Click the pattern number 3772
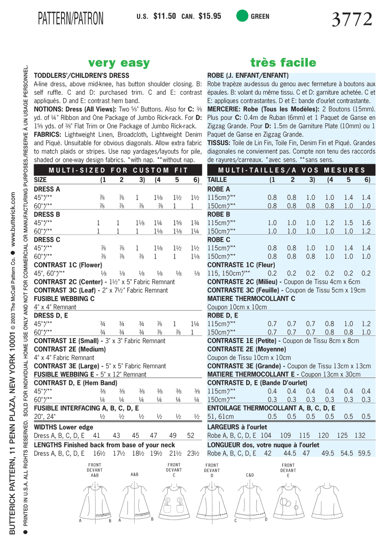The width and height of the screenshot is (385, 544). tap(352, 19)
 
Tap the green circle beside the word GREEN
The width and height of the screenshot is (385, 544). tap(242, 16)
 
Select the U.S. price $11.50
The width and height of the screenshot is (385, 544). tap(164, 16)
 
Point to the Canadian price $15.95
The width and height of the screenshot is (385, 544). tap(210, 16)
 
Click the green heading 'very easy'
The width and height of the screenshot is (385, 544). tap(119, 63)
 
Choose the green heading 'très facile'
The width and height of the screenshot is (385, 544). tap(283, 63)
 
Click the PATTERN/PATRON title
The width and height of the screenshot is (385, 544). tap(71, 18)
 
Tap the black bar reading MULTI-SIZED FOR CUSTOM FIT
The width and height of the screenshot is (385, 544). tap(118, 170)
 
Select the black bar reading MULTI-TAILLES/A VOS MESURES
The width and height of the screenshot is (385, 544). tap(291, 170)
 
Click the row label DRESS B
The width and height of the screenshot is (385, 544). tap(47, 214)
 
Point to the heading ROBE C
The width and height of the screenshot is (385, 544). tap(219, 240)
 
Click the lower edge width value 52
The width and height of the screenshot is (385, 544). tap(191, 436)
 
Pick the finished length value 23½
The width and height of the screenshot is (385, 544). tap(193, 453)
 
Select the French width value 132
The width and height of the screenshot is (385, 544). tap(360, 436)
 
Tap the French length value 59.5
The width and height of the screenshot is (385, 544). tap(364, 453)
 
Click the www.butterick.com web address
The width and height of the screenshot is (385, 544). tap(13, 220)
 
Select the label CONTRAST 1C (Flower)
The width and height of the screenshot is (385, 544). tap(68, 265)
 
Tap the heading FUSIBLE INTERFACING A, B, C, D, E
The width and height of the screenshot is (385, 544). tap(86, 408)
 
